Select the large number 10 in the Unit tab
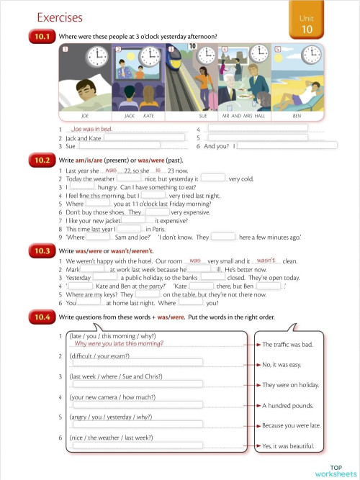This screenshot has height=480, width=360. click(307, 30)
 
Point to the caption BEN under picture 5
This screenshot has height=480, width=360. click(297, 115)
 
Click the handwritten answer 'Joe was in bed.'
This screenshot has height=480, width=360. click(91, 129)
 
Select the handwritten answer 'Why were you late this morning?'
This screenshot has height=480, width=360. click(124, 344)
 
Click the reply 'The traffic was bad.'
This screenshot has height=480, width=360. click(287, 345)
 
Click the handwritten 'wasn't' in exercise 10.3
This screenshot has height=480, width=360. click(266, 261)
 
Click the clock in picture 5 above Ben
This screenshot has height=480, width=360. click(311, 54)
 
